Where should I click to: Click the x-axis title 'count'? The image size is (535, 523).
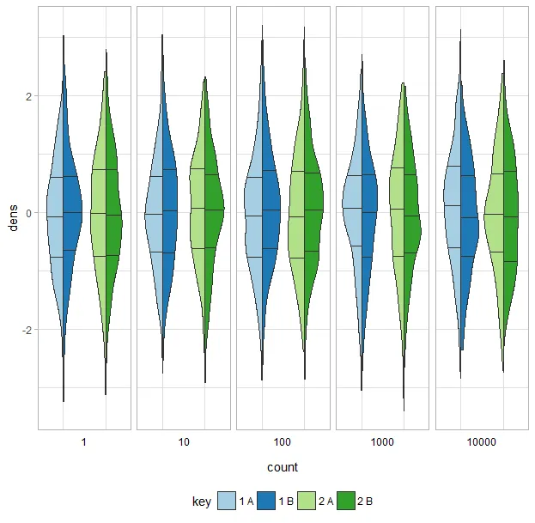tap(282, 467)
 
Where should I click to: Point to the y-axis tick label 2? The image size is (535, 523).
tap(28, 96)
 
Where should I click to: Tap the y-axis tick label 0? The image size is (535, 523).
tap(28, 213)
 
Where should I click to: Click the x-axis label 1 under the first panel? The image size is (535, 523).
tap(83, 441)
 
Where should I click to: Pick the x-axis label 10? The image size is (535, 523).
tap(183, 441)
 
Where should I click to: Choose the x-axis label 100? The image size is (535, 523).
tap(283, 441)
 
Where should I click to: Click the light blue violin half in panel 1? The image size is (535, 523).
tap(53, 215)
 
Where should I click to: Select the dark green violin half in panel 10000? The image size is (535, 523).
tap(510, 215)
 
